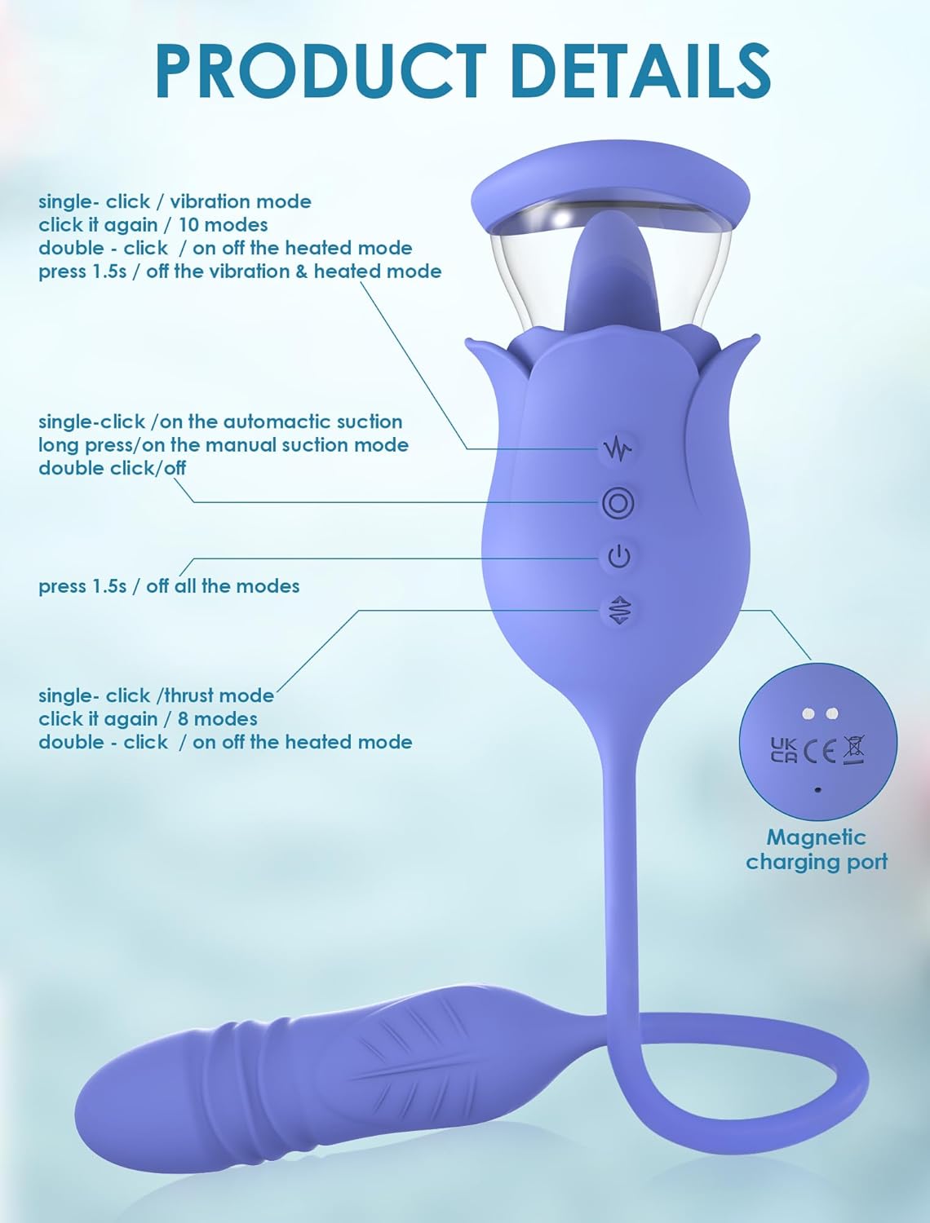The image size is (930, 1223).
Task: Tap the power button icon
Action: click(x=618, y=557)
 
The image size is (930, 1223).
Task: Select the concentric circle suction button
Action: click(x=618, y=503)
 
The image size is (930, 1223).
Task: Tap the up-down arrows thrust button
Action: click(x=618, y=610)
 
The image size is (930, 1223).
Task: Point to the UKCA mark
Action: click(x=783, y=749)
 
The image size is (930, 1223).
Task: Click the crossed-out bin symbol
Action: click(x=853, y=749)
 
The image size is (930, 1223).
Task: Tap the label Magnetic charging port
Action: click(x=817, y=849)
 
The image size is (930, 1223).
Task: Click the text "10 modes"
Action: click(x=224, y=225)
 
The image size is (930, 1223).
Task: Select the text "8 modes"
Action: click(x=218, y=719)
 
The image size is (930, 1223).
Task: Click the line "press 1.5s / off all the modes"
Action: click(x=169, y=586)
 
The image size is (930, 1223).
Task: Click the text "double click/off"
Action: click(x=112, y=469)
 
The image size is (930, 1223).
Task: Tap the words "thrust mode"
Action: click(x=219, y=696)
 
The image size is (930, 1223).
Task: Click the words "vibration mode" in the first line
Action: click(x=241, y=201)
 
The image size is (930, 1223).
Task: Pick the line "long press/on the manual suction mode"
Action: click(x=224, y=445)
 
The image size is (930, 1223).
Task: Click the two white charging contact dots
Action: click(x=819, y=713)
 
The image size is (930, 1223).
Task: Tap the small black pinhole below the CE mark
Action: click(x=817, y=789)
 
